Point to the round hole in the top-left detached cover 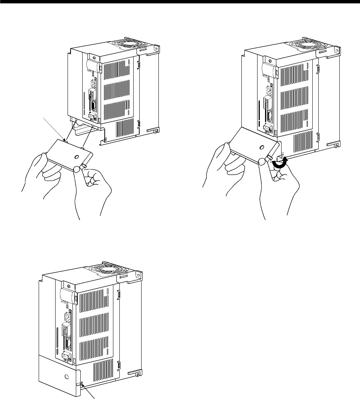pos(77,157)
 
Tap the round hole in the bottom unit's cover pos(66,377)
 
